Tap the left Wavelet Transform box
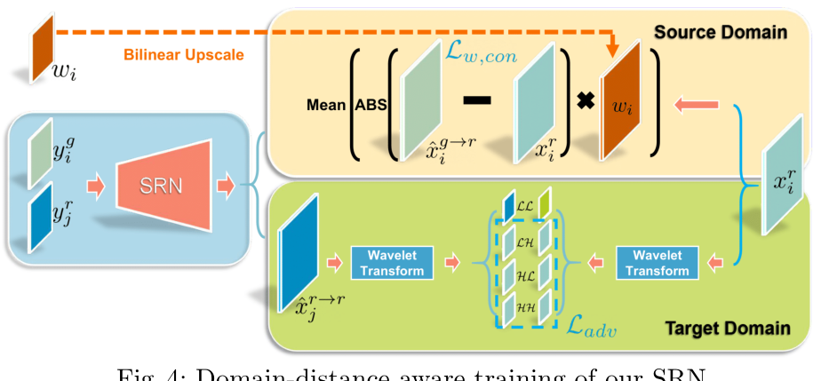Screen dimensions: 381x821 coord(392,263)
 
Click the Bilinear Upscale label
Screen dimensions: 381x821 coord(184,55)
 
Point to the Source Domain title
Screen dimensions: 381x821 coord(721,32)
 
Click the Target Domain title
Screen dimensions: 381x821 coord(727,329)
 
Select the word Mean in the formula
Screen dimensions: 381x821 coord(326,104)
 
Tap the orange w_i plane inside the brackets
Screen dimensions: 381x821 coord(626,105)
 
